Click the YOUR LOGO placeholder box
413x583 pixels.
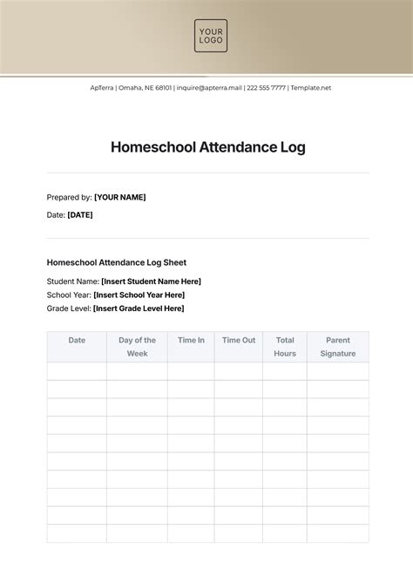click(x=210, y=36)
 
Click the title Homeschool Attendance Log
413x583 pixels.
click(x=207, y=147)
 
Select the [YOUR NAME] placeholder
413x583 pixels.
click(x=120, y=197)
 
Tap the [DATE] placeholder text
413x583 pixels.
click(x=80, y=214)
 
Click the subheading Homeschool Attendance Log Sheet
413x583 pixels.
click(x=116, y=262)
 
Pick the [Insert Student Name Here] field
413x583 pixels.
click(x=151, y=281)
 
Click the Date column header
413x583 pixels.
click(x=77, y=341)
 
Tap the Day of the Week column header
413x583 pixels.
click(x=137, y=347)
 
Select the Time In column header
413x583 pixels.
click(x=191, y=341)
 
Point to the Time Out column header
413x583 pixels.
click(x=238, y=341)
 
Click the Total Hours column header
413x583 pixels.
click(x=285, y=347)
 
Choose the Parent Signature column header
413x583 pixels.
click(x=337, y=347)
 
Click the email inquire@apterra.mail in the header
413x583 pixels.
click(x=209, y=87)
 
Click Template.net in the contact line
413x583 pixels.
click(x=310, y=87)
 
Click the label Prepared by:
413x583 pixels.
click(x=69, y=197)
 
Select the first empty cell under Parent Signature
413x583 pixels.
click(x=337, y=371)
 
